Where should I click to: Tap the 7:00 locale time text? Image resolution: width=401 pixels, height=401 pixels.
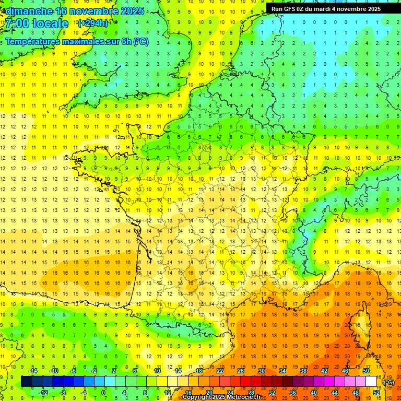pos(37,23)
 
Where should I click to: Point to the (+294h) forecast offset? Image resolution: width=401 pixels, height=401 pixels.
pos(92,23)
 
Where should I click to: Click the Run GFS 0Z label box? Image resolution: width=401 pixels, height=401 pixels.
pos(326,8)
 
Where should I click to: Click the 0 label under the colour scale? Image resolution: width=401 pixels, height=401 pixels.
pos(103,393)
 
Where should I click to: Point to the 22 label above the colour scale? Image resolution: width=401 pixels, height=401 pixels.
pos(220,371)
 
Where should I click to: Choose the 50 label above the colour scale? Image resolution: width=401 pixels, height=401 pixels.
pos(366,371)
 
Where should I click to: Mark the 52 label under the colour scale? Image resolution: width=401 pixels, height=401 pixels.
pos(376,393)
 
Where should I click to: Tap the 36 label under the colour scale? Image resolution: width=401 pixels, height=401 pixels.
pos(292,393)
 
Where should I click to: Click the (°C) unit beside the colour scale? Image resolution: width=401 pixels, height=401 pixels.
pos(388,382)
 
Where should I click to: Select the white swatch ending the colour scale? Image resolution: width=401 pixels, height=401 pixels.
pos(371,382)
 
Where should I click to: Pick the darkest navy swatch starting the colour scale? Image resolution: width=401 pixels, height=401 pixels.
pos(26,382)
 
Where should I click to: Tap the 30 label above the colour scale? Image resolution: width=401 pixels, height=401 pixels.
pos(262,371)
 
